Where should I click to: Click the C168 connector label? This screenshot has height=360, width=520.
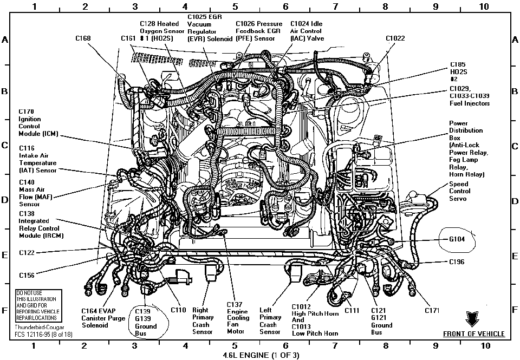tap(83, 38)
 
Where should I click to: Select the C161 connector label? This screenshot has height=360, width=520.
tap(128, 38)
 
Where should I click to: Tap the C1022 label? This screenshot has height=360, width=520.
tap(395, 38)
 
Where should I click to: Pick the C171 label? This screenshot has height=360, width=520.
tap(432, 310)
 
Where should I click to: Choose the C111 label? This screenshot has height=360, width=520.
tap(352, 310)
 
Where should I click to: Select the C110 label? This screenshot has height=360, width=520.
tap(178, 310)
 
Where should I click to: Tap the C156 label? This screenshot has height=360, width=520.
tap(27, 275)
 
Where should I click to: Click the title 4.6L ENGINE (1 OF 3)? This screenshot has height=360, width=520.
tap(259, 355)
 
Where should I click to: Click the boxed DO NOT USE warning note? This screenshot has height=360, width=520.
tap(39, 306)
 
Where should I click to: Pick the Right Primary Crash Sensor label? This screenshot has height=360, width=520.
tap(203, 320)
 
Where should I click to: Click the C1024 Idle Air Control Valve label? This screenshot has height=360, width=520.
tap(307, 31)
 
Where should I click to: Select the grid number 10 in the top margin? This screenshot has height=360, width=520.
tap(484, 6)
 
